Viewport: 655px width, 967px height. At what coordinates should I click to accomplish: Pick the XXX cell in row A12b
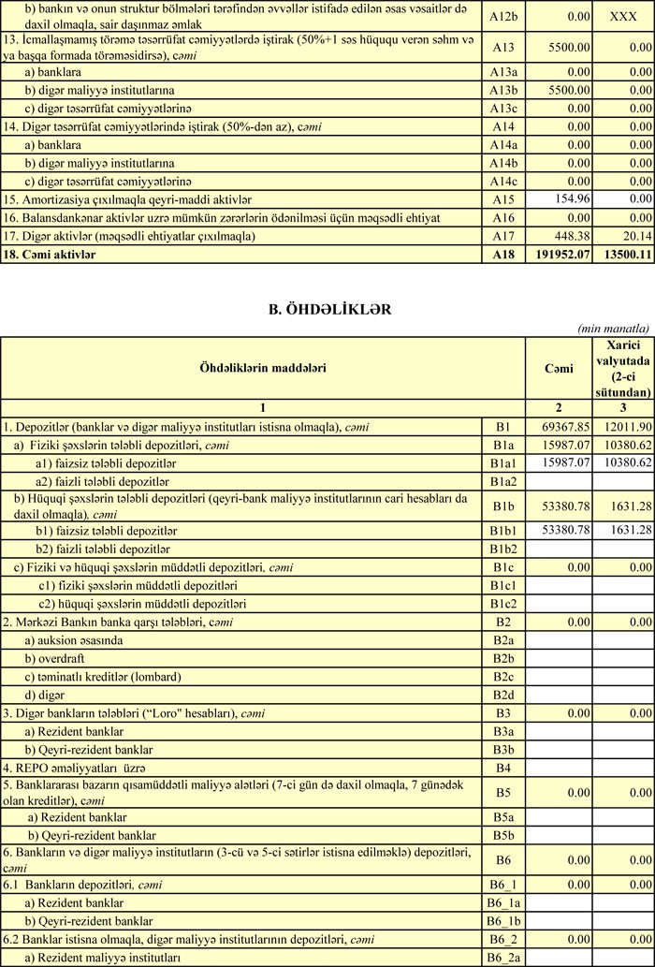(x=622, y=17)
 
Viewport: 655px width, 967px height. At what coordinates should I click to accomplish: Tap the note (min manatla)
(x=614, y=329)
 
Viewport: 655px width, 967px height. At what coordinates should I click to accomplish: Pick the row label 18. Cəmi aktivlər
(x=49, y=254)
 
